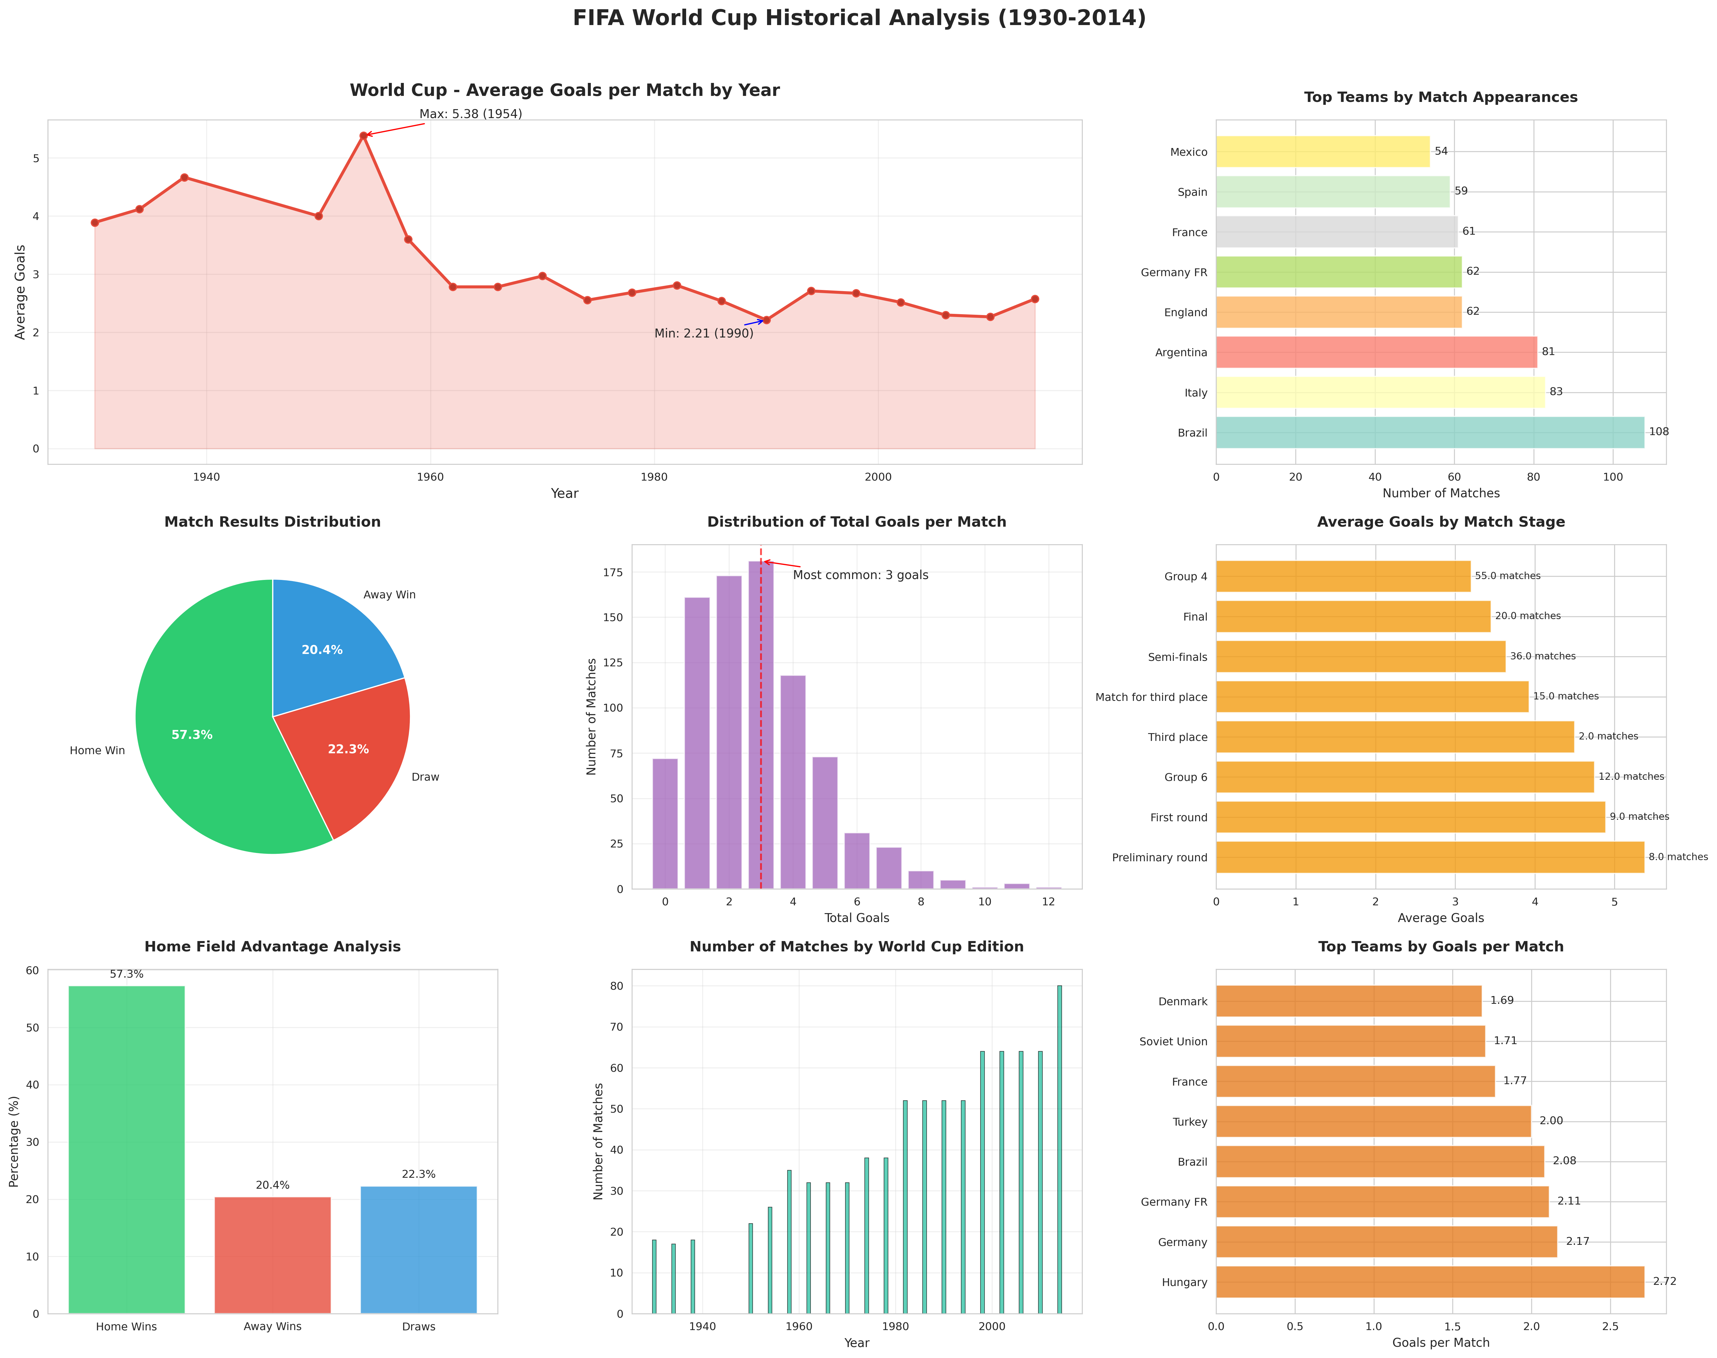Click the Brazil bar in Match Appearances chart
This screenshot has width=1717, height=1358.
pyautogui.click(x=1429, y=433)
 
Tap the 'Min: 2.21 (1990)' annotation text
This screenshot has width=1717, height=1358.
pyautogui.click(x=703, y=333)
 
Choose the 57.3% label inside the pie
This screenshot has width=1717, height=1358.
pyautogui.click(x=192, y=735)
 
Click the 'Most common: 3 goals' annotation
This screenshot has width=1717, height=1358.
pyautogui.click(x=860, y=575)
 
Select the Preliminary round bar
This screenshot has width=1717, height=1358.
pyautogui.click(x=1429, y=857)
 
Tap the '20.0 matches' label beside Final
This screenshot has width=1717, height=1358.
pyautogui.click(x=1527, y=616)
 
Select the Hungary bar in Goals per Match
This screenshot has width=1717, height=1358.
pyautogui.click(x=1429, y=1282)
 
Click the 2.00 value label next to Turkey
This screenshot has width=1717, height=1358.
pyautogui.click(x=1551, y=1121)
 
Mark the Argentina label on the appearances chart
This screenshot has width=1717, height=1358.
pyautogui.click(x=1181, y=352)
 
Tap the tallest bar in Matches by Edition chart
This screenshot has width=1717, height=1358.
pyautogui.click(x=1059, y=1149)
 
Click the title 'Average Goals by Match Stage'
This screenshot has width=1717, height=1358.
pyautogui.click(x=1440, y=521)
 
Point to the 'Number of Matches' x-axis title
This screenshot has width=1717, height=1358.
pyautogui.click(x=1440, y=493)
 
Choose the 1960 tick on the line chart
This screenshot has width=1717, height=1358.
pyautogui.click(x=430, y=477)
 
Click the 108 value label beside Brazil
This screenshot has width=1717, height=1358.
pyautogui.click(x=1658, y=432)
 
